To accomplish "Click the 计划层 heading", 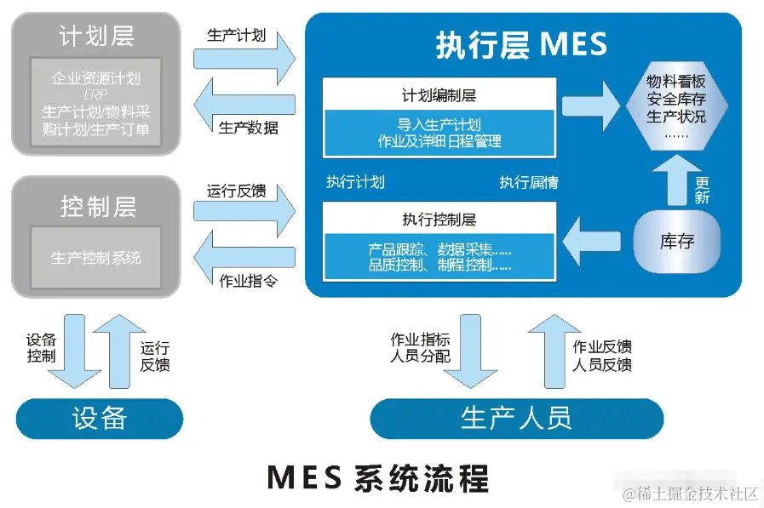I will point(96,36).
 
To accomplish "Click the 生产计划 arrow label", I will point(236,36).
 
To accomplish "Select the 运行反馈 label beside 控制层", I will point(236,191).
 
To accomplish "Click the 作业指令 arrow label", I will point(248,280).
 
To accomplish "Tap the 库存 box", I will point(677,241).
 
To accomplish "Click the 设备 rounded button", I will point(100,418).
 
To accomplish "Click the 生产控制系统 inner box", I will point(96,257).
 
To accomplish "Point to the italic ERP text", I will point(95,94).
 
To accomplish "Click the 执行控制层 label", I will point(439,219).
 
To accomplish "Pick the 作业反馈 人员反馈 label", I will point(602,355).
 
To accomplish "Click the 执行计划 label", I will point(355,182).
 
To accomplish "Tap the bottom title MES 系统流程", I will point(378,477).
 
